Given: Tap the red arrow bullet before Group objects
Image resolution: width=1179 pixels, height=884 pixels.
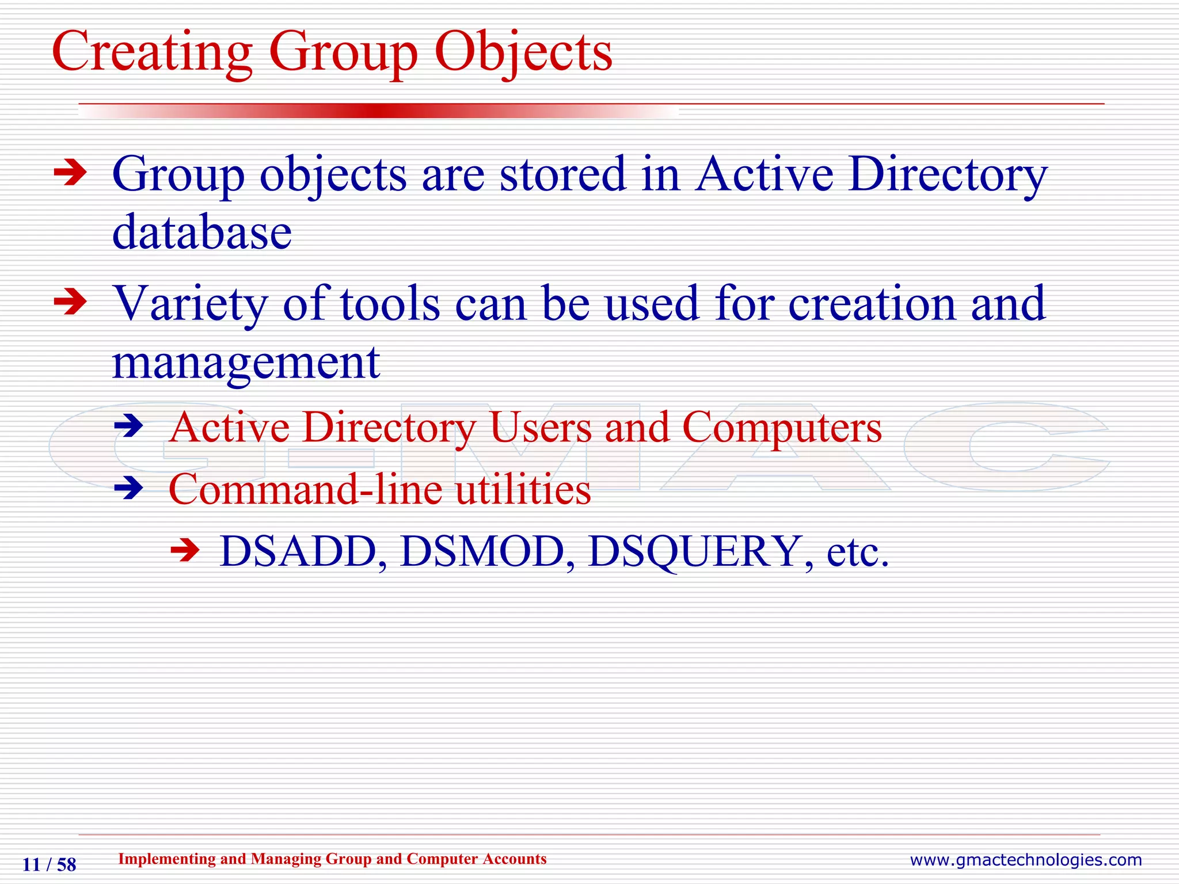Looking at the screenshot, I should point(70,173).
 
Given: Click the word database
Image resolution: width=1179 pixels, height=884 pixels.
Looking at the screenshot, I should point(202,233).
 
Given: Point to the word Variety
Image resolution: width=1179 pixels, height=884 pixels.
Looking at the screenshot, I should point(190,304).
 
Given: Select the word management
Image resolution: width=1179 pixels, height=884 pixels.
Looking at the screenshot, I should point(246,364).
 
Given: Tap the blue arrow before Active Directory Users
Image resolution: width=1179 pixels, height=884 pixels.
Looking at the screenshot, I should point(128,426).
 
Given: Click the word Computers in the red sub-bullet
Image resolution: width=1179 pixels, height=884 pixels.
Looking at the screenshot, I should point(782,428).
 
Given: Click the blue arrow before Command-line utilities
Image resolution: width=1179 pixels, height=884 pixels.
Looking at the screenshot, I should point(128,489).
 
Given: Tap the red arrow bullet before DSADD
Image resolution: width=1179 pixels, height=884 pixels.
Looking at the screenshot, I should point(185,550).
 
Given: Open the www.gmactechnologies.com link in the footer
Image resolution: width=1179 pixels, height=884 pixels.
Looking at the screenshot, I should point(1025,860).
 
